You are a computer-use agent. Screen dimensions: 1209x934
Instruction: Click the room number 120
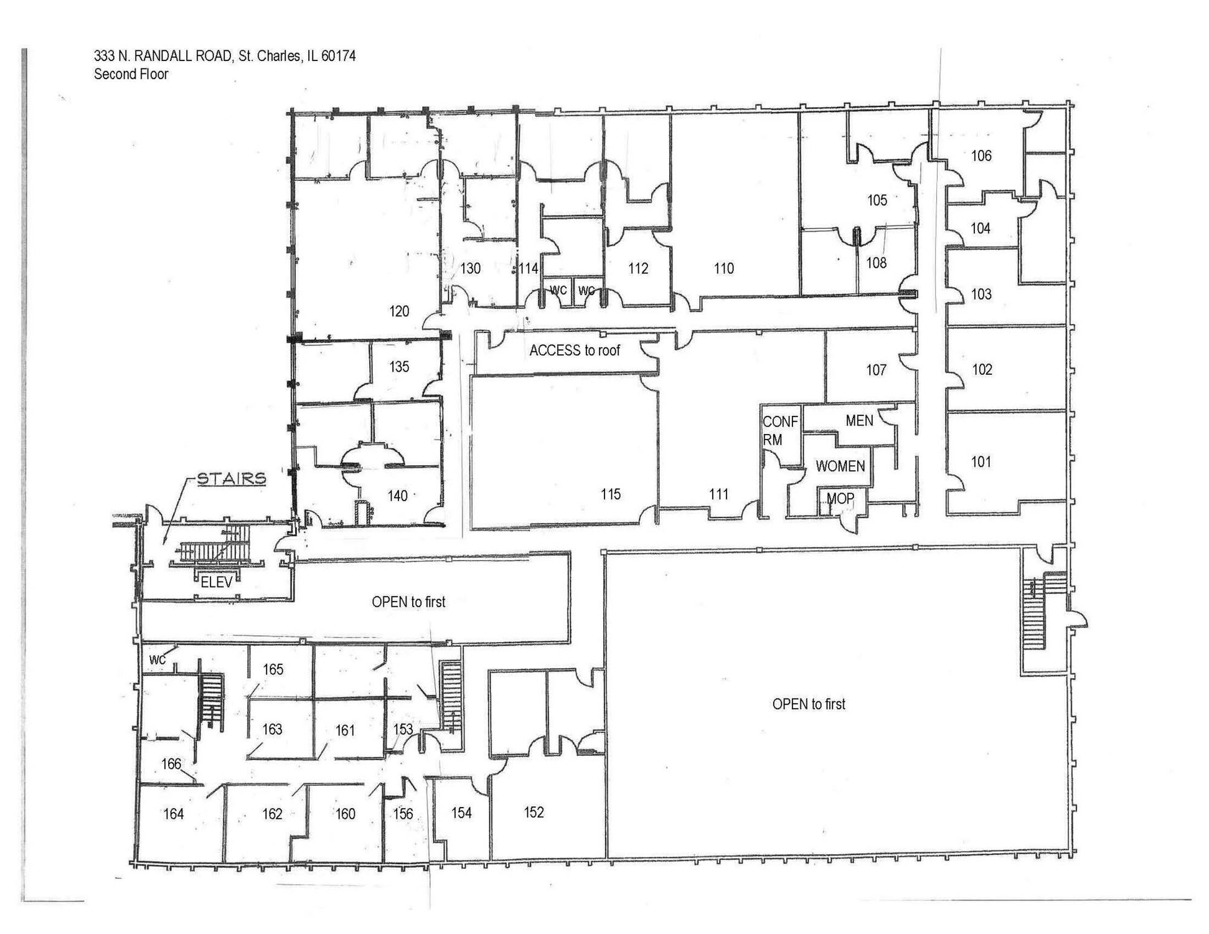coord(399,311)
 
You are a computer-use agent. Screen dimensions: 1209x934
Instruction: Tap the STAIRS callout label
coord(232,479)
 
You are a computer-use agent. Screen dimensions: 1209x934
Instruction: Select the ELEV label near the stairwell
coord(216,583)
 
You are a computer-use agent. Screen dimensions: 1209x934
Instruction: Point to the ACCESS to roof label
coord(575,351)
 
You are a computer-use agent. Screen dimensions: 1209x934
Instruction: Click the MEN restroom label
coord(859,421)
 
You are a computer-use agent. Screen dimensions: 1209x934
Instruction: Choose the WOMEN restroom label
coord(840,466)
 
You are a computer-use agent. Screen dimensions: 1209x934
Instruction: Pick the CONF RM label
coord(779,430)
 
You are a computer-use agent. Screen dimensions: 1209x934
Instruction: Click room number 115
coord(611,494)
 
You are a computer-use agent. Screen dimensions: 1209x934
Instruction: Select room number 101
coord(981,462)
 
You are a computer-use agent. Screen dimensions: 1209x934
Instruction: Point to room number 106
coord(981,156)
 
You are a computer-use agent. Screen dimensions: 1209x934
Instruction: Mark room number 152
coord(534,812)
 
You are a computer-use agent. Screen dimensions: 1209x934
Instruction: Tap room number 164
coord(173,814)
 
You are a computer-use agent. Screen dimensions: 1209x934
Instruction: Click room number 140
coord(397,496)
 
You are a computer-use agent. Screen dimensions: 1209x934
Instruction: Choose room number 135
coord(399,366)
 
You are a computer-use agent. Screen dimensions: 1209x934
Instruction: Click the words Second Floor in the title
coord(131,74)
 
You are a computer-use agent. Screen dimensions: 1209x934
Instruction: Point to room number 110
coord(723,268)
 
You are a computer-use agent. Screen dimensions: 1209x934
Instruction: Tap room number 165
coord(273,669)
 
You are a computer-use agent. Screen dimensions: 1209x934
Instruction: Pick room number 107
coord(876,370)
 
